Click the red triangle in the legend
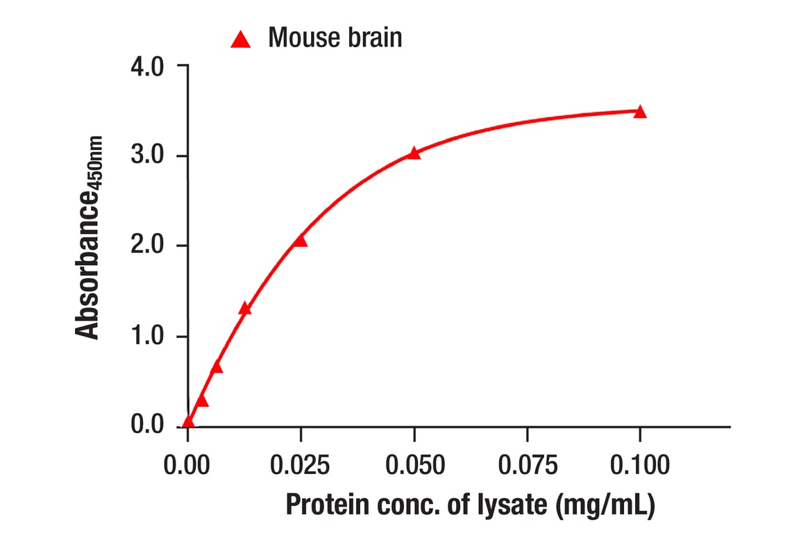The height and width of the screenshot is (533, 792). pyautogui.click(x=240, y=40)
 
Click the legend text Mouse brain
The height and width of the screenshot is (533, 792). pyautogui.click(x=335, y=37)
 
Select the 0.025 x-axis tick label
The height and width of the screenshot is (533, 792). pyautogui.click(x=300, y=464)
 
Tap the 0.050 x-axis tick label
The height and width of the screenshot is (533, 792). pyautogui.click(x=414, y=464)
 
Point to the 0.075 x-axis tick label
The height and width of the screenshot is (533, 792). pyautogui.click(x=527, y=464)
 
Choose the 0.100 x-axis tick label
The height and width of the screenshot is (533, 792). pyautogui.click(x=639, y=464)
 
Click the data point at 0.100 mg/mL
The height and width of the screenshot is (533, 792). pyautogui.click(x=639, y=112)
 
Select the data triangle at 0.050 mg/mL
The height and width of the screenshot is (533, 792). pyautogui.click(x=414, y=153)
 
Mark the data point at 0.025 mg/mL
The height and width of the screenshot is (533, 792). pyautogui.click(x=300, y=241)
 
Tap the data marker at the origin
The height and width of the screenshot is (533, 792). pyautogui.click(x=188, y=421)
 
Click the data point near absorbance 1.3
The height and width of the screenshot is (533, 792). pyautogui.click(x=244, y=309)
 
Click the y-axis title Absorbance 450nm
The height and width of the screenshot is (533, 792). pyautogui.click(x=89, y=238)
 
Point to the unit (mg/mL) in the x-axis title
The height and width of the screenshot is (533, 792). pyautogui.click(x=605, y=505)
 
